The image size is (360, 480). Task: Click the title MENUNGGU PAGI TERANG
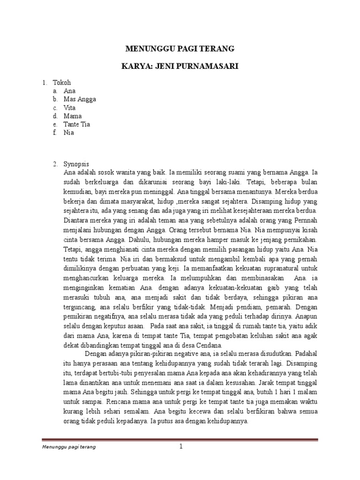tap(180, 49)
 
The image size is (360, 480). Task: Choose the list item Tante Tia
tap(77, 124)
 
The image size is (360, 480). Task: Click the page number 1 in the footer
tap(180, 447)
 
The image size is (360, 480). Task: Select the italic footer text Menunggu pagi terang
tap(66, 447)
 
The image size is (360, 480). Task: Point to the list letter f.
tap(55, 132)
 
